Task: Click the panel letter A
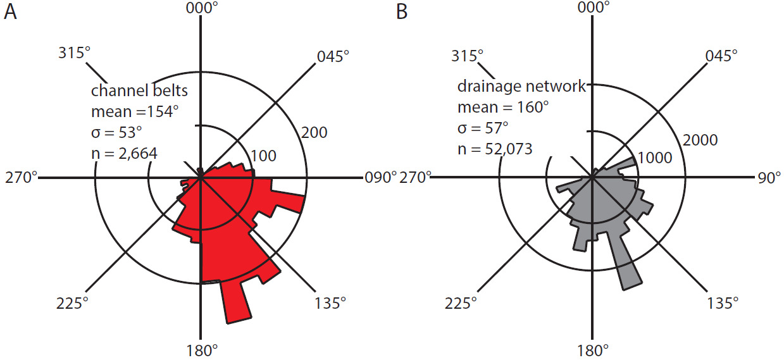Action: coord(9,11)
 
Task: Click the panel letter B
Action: coord(402,11)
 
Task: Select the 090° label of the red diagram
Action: coord(380,178)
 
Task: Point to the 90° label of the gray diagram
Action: coord(769,178)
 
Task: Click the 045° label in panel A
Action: coord(333,56)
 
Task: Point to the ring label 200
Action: coord(313,132)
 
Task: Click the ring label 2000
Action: coord(699,139)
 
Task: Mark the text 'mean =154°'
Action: coord(135,112)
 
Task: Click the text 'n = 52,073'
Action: coord(494,149)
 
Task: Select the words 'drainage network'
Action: coord(521,86)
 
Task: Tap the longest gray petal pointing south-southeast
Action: coord(631,284)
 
